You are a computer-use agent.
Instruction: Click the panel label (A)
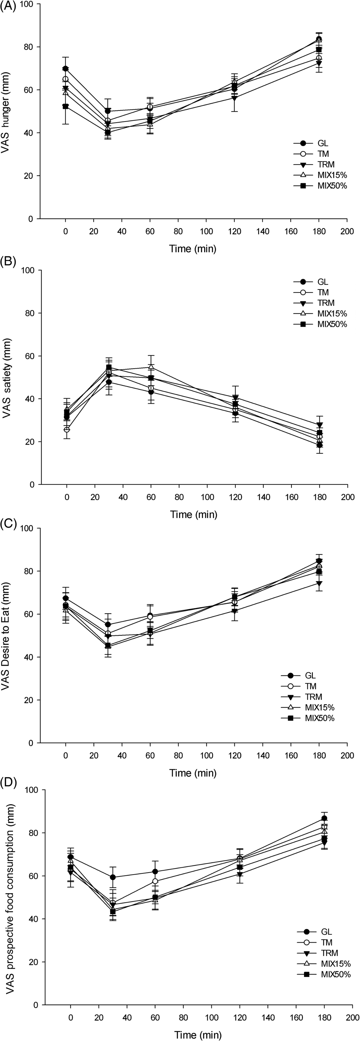point(8,7)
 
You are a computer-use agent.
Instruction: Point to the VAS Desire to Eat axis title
point(6,637)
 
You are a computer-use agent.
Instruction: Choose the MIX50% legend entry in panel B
point(332,324)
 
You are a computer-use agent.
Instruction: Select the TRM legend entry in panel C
point(314,697)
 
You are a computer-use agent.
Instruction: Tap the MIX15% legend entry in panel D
point(336,964)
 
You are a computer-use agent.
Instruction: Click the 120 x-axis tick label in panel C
point(235,755)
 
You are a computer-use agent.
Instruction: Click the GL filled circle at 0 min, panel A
point(66,69)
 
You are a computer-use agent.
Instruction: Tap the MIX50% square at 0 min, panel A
point(66,106)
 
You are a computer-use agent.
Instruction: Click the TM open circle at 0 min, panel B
point(67,429)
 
